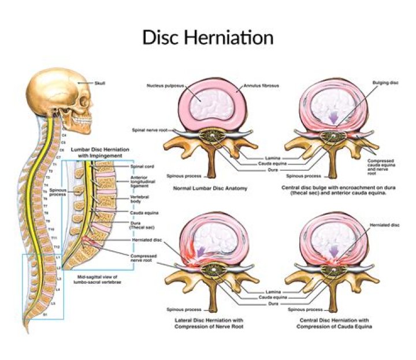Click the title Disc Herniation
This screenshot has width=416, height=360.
207,37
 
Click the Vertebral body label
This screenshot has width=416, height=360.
141,199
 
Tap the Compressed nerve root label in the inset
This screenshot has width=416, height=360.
144,258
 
